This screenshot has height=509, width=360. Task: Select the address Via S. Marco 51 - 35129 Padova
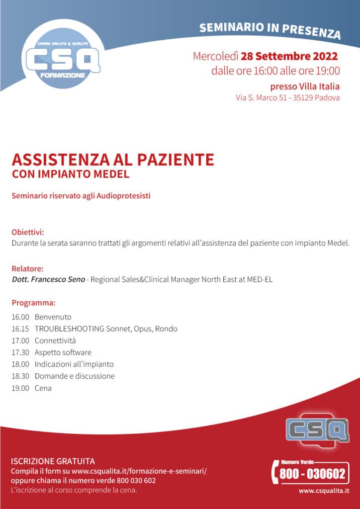287,97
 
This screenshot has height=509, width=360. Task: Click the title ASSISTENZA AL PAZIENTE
113,160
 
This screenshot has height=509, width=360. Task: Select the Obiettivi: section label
28,232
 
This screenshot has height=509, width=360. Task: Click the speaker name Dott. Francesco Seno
48,279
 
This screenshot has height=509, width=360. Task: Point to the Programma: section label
33,303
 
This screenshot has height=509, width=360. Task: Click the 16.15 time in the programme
20,329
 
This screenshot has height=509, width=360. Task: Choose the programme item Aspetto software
63,352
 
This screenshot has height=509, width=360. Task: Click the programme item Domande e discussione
75,376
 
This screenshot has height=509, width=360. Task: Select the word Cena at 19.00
43,388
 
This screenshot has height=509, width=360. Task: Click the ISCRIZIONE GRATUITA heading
53,461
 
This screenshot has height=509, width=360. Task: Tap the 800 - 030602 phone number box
311,474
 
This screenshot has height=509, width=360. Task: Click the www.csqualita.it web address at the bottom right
323,491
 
